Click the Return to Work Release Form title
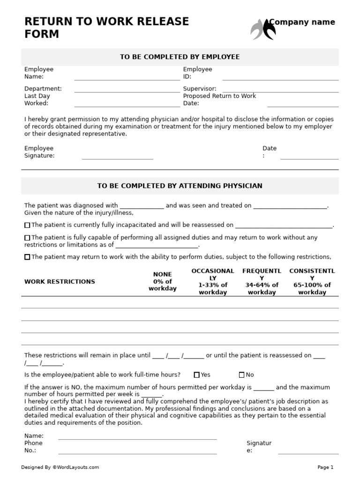[x=106, y=28]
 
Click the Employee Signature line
[x=117, y=158]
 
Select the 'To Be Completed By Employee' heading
[x=180, y=57]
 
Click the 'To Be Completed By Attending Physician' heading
[x=180, y=186]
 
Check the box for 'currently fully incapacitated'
[x=27, y=225]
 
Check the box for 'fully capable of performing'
[x=27, y=238]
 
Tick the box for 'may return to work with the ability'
[x=27, y=257]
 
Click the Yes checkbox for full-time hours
[x=196, y=375]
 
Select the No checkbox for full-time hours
[x=241, y=375]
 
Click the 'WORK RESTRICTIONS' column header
[x=60, y=282]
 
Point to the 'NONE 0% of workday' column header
[x=162, y=281]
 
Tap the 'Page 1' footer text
[x=325, y=467]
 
